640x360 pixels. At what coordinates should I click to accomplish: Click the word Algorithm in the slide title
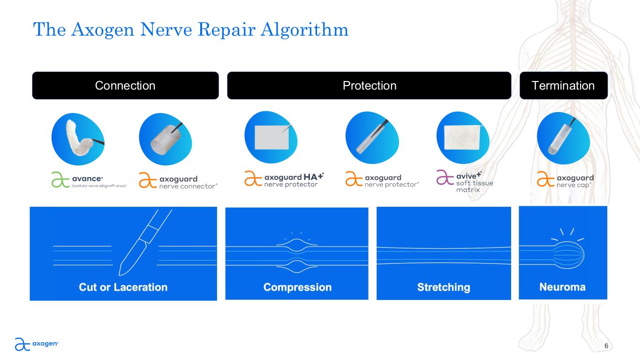pos(305,30)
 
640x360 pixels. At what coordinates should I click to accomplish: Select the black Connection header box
pos(126,85)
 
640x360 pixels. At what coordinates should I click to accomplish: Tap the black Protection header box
pos(369,85)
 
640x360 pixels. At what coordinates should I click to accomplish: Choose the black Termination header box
pos(564,85)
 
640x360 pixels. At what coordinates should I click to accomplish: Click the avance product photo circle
pos(78,139)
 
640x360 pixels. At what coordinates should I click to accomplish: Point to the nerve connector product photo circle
pos(166,139)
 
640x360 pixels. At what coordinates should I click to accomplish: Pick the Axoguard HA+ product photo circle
pos(271,137)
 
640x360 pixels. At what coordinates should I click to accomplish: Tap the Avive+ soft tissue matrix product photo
pos(463,138)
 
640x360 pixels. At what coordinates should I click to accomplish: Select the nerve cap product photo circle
pos(564,138)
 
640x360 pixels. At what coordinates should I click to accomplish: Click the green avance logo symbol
pos(60,180)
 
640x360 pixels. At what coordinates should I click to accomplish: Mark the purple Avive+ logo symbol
pos(445,177)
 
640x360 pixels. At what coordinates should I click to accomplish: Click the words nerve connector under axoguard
pos(188,186)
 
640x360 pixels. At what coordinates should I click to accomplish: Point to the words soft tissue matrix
pos(474,186)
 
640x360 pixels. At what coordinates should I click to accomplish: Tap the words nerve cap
pos(573,185)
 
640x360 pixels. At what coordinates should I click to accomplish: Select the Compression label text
pos(297,287)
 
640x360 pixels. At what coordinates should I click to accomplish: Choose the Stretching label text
pos(444,287)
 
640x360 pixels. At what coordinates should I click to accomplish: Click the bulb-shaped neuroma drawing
pos(568,255)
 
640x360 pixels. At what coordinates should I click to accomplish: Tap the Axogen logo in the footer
pos(37,344)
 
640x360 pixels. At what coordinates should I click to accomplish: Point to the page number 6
pos(606,346)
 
